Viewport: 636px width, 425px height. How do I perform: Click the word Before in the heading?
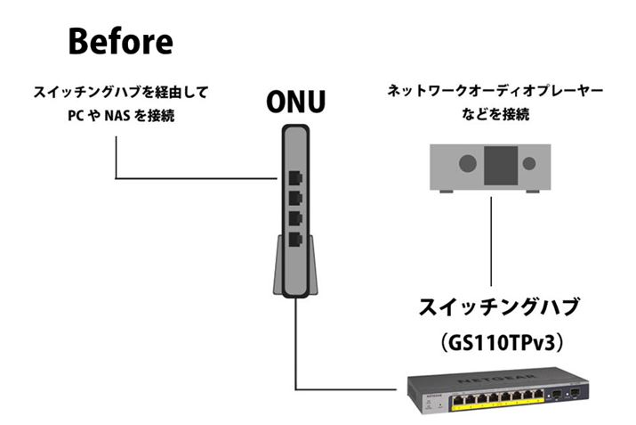point(121,41)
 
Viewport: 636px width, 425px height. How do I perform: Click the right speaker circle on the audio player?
point(529,164)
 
